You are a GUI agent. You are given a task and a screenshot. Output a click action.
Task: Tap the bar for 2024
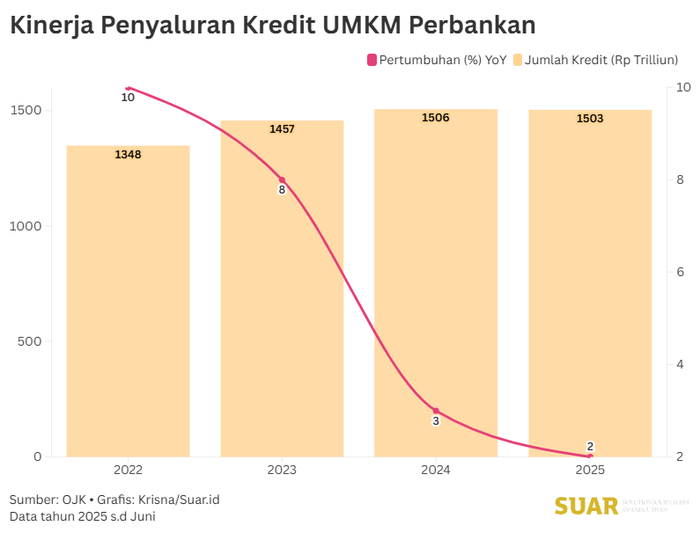436,282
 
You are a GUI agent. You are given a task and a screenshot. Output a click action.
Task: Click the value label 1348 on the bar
128,155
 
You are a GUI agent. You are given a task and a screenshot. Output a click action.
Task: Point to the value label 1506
436,118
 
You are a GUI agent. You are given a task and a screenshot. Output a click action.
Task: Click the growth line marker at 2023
282,179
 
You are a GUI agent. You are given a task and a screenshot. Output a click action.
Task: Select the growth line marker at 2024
436,411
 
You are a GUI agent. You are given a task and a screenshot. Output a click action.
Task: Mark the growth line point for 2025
590,456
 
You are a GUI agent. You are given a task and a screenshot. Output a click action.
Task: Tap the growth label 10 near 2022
128,98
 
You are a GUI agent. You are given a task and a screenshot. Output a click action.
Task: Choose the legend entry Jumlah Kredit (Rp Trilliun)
601,60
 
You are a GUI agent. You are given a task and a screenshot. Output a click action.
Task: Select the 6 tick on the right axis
680,273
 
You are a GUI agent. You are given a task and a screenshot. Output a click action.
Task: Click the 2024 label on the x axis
436,471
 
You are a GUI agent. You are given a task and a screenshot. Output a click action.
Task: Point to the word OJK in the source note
74,500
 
